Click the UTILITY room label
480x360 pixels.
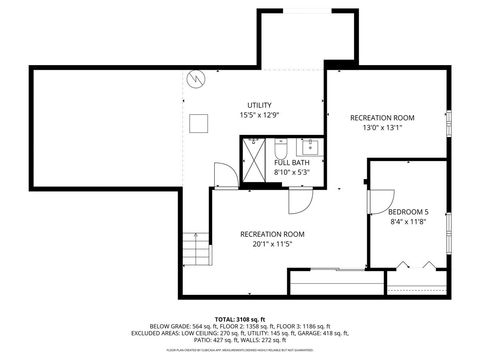[x=259, y=105]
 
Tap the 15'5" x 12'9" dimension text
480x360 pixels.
[x=259, y=116]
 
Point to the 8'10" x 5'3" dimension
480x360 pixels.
[x=292, y=172]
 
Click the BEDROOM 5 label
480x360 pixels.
[x=408, y=212]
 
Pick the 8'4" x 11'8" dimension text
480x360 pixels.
[x=408, y=222]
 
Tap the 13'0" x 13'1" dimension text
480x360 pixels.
[x=382, y=128]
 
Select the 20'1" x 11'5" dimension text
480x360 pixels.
[x=272, y=243]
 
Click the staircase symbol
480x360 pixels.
[x=195, y=246]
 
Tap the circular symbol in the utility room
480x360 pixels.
[x=197, y=77]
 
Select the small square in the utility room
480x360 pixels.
[x=200, y=122]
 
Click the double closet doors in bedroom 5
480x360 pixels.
[x=416, y=266]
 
